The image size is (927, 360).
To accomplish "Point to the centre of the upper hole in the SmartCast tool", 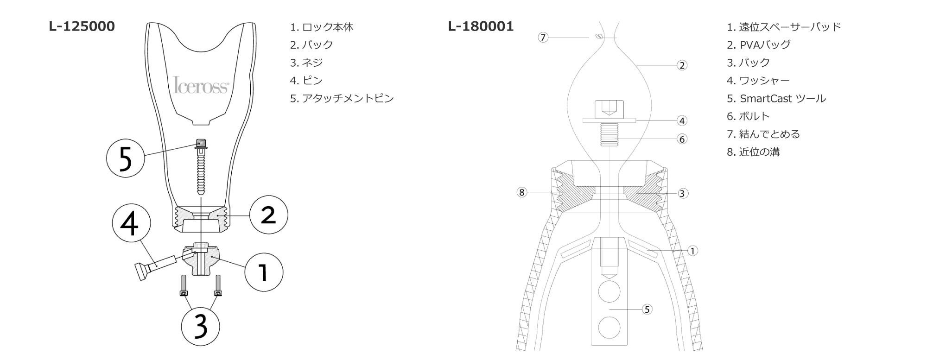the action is (x=609, y=292).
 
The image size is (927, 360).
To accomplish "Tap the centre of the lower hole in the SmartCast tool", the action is (x=609, y=328).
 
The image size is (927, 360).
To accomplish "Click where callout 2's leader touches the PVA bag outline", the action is (x=638, y=65).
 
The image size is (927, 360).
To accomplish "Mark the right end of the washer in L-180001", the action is (x=636, y=120).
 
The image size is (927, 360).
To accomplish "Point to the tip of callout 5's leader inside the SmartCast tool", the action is (x=610, y=309).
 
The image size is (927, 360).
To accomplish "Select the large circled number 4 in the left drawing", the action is (x=131, y=224).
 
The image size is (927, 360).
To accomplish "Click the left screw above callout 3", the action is (x=184, y=285).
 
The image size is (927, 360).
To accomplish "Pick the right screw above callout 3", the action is (x=217, y=285).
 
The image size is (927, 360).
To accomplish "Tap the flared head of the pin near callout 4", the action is (x=139, y=271).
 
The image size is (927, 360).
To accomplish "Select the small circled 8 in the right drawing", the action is (x=522, y=192).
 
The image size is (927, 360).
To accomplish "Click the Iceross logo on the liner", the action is (x=201, y=85).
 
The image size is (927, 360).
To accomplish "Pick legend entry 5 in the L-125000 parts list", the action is (x=342, y=98).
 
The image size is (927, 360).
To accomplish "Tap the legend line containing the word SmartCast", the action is (x=776, y=98).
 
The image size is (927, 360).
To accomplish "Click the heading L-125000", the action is (x=82, y=26).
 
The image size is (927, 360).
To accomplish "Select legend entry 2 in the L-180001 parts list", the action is (x=759, y=45).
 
